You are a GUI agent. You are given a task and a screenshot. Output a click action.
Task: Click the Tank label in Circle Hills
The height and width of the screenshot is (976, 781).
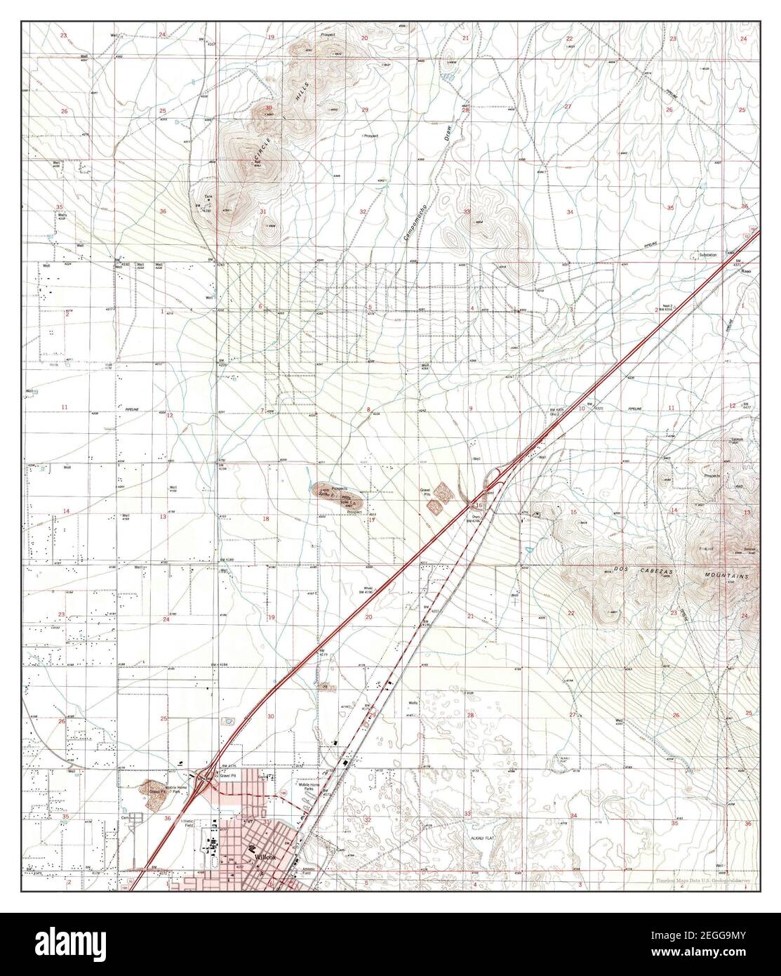pyautogui.click(x=208, y=196)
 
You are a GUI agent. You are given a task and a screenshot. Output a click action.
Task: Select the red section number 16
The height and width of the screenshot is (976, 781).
pyautogui.click(x=479, y=505)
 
